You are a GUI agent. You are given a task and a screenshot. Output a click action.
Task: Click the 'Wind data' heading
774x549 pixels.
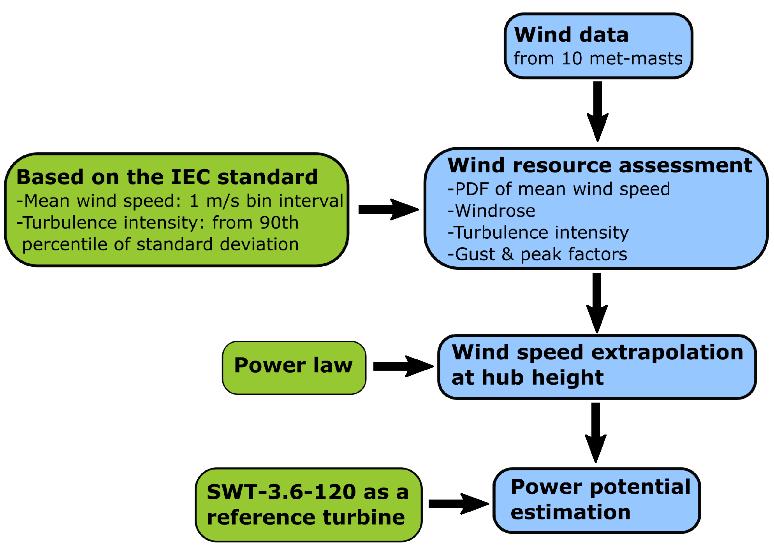tap(571, 35)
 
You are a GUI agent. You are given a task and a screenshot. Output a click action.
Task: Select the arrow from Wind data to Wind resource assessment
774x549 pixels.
tap(598, 111)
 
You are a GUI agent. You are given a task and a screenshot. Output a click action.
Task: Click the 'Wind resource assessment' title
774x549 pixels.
tap(600, 165)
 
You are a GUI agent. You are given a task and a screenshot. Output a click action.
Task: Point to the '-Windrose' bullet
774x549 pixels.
tap(491, 211)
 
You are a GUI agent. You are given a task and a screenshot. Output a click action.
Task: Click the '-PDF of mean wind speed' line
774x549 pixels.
tap(559, 189)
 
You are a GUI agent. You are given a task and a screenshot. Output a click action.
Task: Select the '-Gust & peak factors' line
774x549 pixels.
tap(537, 254)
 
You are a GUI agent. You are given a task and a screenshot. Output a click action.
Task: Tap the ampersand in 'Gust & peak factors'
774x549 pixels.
tap(508, 254)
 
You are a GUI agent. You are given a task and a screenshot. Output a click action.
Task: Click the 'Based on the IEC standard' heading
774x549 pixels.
tap(167, 177)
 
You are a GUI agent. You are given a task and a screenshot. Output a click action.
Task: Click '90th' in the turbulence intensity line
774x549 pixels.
tap(279, 223)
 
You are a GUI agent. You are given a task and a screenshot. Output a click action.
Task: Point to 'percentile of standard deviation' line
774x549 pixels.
tap(160, 245)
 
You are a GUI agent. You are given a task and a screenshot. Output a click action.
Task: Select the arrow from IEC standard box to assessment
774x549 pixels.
tap(388, 209)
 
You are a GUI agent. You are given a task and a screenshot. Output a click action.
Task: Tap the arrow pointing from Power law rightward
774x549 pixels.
tap(403, 366)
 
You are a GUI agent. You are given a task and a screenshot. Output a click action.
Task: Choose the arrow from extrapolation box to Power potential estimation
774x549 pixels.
tap(596, 432)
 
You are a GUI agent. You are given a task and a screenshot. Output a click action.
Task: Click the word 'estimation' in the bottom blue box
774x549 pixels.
tap(570, 512)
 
